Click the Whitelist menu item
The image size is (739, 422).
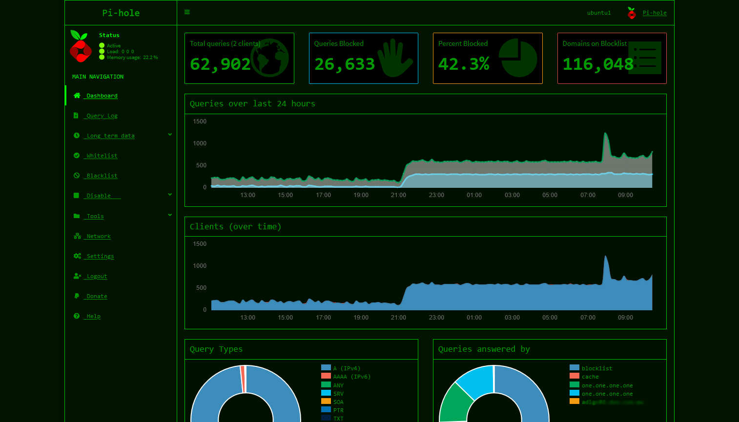click(x=102, y=156)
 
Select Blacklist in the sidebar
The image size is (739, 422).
click(x=102, y=176)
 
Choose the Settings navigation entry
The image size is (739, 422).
click(x=100, y=256)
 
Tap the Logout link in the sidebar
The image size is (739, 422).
click(x=97, y=276)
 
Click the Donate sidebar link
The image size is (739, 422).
click(x=97, y=296)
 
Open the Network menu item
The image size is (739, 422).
click(x=99, y=236)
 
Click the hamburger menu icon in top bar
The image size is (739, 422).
click(x=187, y=12)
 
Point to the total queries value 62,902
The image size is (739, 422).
click(x=220, y=64)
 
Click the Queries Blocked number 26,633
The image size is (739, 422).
click(x=345, y=64)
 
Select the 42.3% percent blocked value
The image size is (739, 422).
click(x=464, y=64)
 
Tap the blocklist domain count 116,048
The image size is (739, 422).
click(x=598, y=64)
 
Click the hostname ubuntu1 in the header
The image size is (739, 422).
click(x=599, y=13)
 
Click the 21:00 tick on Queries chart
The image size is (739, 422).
click(x=398, y=195)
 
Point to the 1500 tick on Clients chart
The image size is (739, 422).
click(x=200, y=244)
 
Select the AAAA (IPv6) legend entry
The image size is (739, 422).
click(x=351, y=377)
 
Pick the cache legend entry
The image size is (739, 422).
click(x=590, y=377)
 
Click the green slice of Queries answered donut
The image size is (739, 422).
click(x=453, y=403)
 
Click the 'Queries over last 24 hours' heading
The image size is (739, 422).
click(x=252, y=104)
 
